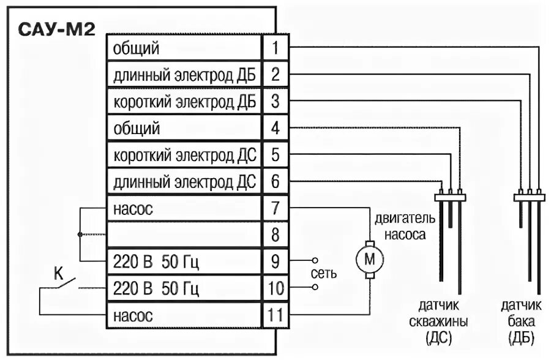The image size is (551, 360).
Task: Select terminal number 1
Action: point(275,47)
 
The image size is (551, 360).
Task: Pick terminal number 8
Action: point(275,235)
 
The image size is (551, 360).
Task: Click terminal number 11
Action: point(275,317)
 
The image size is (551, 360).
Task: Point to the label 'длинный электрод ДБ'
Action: point(184,75)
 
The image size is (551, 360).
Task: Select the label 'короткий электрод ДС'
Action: point(184,155)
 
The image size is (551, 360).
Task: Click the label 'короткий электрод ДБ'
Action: point(184,102)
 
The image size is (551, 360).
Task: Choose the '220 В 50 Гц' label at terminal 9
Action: point(156,262)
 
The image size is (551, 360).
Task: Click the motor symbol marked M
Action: point(369,260)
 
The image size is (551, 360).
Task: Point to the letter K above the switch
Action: point(59,274)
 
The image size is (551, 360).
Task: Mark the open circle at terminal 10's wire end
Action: point(315,286)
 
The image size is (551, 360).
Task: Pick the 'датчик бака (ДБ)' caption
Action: point(522,322)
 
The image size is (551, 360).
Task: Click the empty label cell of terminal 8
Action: point(184,235)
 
